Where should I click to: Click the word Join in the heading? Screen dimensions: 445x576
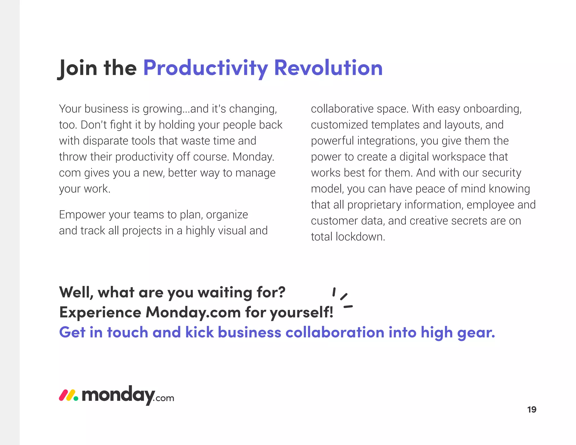(78, 68)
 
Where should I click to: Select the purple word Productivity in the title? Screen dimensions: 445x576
(206, 68)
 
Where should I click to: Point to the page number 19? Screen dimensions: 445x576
(532, 410)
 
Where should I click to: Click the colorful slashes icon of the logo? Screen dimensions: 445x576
(68, 395)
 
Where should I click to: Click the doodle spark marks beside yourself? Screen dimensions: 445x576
(342, 298)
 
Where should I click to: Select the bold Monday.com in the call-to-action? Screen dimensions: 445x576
(193, 312)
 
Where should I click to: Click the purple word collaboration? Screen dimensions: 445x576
(335, 332)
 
